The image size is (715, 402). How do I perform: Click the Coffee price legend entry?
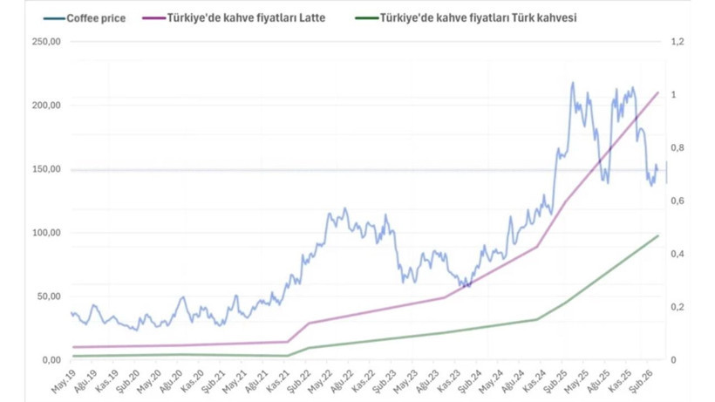[85, 18]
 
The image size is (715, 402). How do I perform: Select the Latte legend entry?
[234, 17]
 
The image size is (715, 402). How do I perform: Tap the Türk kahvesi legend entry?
[466, 17]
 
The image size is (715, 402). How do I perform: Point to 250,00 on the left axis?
[46, 42]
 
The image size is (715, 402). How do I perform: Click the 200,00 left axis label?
[46, 106]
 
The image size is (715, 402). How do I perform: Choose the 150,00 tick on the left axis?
[46, 169]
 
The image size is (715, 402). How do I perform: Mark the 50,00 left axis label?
[48, 296]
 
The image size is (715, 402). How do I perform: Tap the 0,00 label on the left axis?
[51, 360]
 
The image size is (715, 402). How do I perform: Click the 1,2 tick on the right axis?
[678, 42]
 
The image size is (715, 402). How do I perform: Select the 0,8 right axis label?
[678, 147]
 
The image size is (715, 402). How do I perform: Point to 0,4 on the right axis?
[678, 254]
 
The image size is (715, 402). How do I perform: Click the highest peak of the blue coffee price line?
[573, 83]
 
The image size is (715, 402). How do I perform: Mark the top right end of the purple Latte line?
[658, 92]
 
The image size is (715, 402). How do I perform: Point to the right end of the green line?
[658, 235]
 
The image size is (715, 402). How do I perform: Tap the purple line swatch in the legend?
[153, 18]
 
